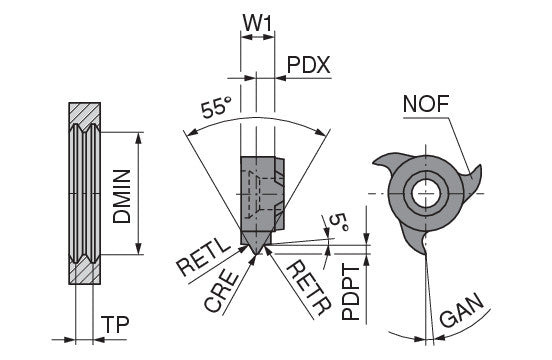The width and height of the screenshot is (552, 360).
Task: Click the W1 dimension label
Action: coord(257,24)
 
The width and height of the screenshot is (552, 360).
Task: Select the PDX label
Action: coord(309,65)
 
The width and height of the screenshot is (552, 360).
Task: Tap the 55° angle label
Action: coord(217,107)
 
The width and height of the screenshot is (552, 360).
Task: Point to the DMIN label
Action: coord(122,196)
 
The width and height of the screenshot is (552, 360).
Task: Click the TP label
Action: coord(115,324)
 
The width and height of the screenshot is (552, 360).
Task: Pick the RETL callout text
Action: coord(204,258)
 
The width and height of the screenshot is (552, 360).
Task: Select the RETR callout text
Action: coord(309,288)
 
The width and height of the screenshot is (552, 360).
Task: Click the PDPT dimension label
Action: coord(351,293)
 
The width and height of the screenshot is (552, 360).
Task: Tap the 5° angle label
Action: coord(339,223)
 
